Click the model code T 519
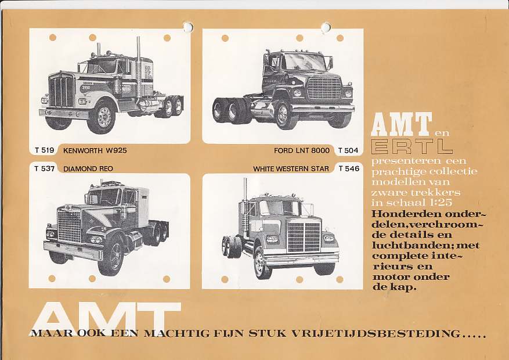click(x=44, y=150)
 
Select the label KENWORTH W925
click(x=95, y=150)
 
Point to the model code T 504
click(x=348, y=150)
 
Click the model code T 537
click(x=44, y=169)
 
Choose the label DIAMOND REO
click(x=88, y=169)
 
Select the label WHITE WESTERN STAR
click(x=291, y=169)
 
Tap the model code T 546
click(x=348, y=169)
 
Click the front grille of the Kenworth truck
click(x=62, y=92)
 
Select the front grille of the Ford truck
click(x=324, y=89)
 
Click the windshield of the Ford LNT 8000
click(x=302, y=62)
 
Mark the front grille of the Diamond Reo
click(x=69, y=226)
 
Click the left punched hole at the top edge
click(x=188, y=27)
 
